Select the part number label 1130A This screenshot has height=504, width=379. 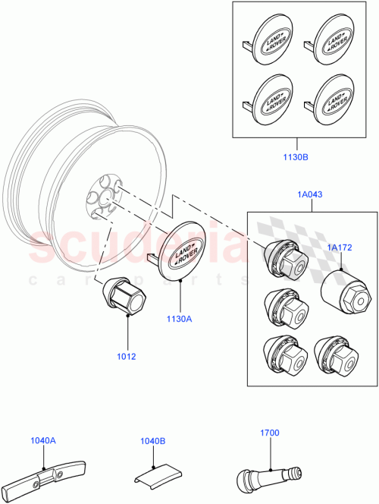pyautogui.click(x=180, y=319)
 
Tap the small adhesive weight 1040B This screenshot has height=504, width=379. pyautogui.click(x=155, y=475)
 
